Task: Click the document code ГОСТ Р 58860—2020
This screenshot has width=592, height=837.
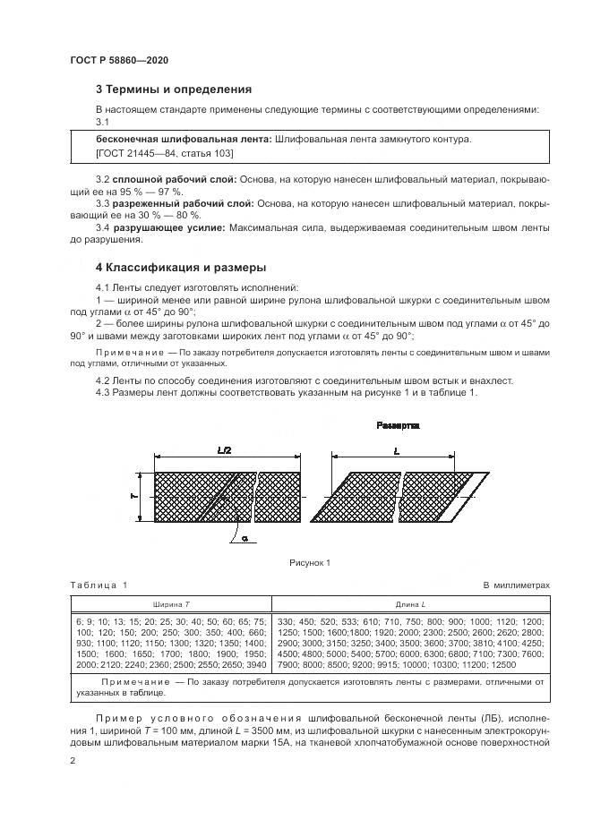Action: point(118,60)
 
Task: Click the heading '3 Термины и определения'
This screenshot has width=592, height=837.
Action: point(174,90)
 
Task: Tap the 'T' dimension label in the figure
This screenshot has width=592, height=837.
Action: point(133,495)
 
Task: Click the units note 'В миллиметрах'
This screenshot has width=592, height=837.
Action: point(516,585)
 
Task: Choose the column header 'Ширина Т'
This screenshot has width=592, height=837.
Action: point(170,604)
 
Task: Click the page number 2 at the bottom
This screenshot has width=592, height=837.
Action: point(73,760)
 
